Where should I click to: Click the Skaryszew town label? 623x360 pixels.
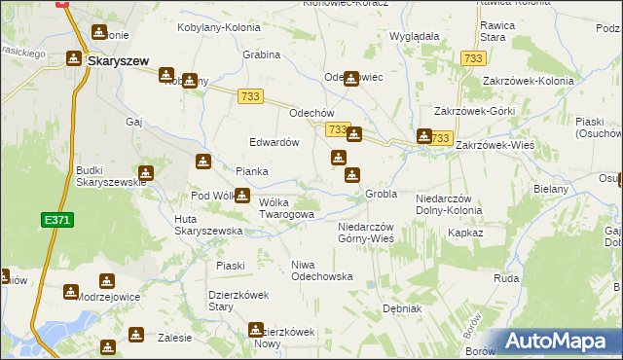pos(118,60)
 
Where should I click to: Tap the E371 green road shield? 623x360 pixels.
pos(56,222)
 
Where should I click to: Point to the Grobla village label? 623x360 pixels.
pos(381,194)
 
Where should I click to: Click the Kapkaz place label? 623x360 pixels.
pos(465,234)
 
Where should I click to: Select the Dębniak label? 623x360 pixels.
pos(401,308)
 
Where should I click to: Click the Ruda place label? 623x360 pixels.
pos(506,277)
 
